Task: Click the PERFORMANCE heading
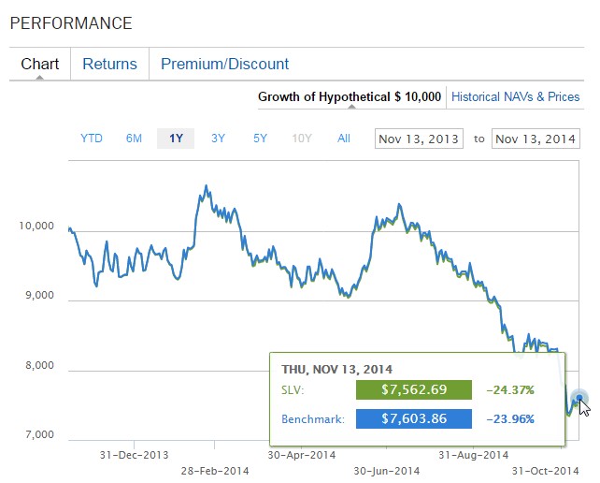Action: click(71, 23)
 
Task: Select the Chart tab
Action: click(39, 65)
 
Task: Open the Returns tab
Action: click(109, 65)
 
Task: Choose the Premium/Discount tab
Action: click(224, 65)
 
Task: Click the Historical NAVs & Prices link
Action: click(515, 96)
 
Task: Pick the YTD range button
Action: click(92, 139)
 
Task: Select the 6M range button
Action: click(134, 139)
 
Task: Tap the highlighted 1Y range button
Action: click(176, 139)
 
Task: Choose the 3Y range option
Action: click(218, 139)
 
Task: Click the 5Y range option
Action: click(260, 139)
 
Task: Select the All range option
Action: click(344, 139)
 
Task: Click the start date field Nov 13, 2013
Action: click(418, 139)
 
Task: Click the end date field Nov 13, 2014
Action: click(536, 139)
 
